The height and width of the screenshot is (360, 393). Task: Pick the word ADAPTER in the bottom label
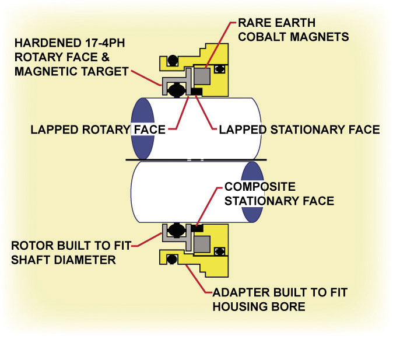236,293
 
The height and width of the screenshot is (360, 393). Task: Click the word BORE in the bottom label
290,306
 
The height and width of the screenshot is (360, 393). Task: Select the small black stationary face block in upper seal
197,91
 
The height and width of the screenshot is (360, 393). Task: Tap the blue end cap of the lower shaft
252,191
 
